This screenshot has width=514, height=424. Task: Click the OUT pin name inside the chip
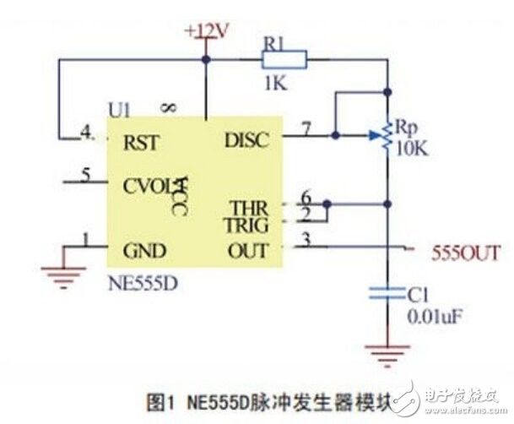tap(248, 251)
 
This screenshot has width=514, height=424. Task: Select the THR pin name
tap(251, 208)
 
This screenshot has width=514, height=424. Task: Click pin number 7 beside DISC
tap(306, 128)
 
